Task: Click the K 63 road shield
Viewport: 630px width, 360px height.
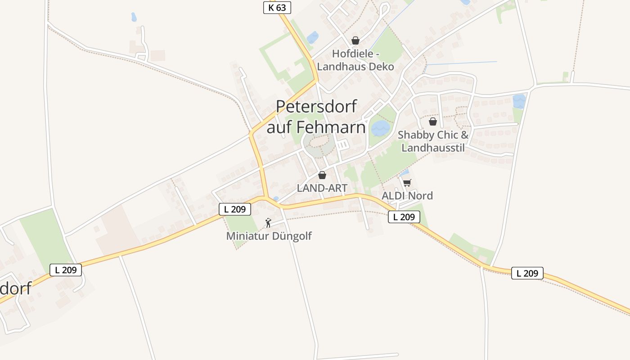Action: [x=277, y=8]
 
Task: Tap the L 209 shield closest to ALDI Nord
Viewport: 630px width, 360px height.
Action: [x=404, y=217]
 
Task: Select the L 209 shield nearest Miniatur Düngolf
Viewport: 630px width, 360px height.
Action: [x=235, y=209]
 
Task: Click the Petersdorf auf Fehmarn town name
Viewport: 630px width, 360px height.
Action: [x=316, y=117]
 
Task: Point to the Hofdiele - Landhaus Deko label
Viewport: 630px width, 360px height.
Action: [x=355, y=60]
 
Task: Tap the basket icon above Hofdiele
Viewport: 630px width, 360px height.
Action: [x=355, y=40]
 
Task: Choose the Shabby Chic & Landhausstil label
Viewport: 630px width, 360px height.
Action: [x=433, y=141]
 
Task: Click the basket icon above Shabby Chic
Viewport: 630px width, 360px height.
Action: [x=433, y=121]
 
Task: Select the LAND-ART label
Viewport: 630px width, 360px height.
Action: [x=322, y=188]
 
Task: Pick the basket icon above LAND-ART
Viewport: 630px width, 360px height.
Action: [x=322, y=175]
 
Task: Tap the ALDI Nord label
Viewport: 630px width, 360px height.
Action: [x=407, y=196]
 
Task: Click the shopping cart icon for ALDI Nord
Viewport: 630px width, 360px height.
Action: [x=407, y=183]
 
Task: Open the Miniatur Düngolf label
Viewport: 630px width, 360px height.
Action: [x=269, y=236]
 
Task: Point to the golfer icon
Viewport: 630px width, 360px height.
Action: [x=268, y=222]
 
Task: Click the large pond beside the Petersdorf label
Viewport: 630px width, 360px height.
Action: [x=380, y=128]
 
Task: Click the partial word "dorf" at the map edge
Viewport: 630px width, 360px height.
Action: [x=16, y=288]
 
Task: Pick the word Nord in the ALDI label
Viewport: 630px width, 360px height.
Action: [x=420, y=196]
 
